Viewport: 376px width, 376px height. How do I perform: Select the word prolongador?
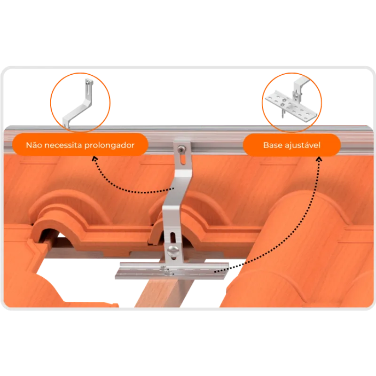point(110,146)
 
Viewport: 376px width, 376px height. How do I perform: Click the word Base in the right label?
point(273,145)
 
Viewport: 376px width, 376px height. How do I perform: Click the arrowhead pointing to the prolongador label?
point(95,158)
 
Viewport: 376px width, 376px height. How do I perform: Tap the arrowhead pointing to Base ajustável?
point(319,159)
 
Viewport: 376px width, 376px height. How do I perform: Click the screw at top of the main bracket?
point(181,150)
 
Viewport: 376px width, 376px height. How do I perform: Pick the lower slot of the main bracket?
point(172,237)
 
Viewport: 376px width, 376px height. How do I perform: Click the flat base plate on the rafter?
point(172,271)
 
